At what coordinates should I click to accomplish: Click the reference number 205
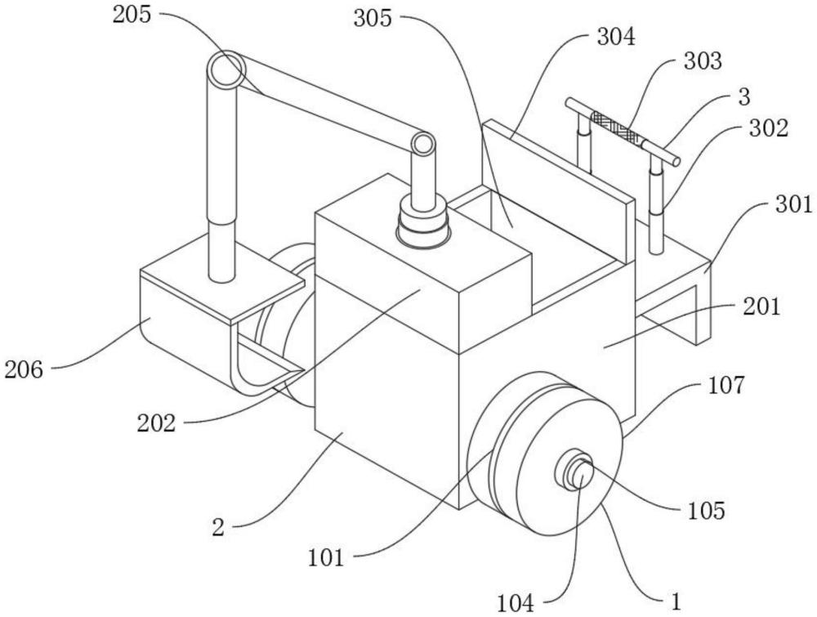point(132,15)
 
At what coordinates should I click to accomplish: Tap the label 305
point(373,19)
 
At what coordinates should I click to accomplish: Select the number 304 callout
point(616,38)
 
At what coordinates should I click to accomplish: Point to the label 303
point(703,61)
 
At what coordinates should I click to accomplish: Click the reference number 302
point(769,127)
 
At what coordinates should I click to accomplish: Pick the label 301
point(793,205)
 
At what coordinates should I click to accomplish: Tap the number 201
point(761,306)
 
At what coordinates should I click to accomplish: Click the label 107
point(726,385)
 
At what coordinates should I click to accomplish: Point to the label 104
point(516,604)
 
